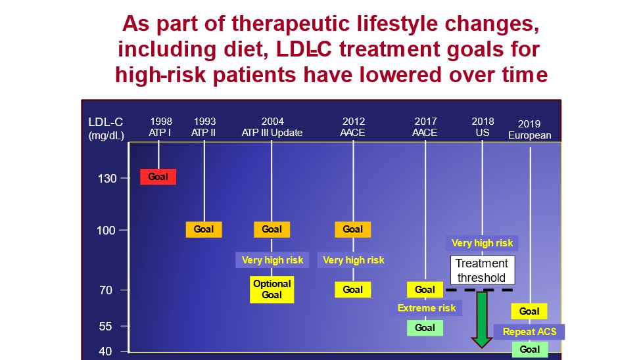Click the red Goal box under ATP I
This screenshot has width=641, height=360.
coord(158,177)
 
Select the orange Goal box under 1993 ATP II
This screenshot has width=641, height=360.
coord(204,229)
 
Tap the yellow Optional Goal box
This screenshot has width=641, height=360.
coord(272,289)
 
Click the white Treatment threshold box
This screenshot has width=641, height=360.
coord(483,270)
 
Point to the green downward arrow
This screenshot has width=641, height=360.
coord(482,319)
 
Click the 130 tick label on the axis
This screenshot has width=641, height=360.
coord(107,179)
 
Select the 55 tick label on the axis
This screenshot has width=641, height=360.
coord(105,326)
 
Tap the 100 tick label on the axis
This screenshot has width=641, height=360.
coord(107,231)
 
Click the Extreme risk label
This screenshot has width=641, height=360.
coord(427,308)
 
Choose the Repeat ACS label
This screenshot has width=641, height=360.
coord(529,332)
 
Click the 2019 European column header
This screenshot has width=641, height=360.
coord(529,129)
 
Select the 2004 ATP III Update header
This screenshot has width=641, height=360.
coord(272,127)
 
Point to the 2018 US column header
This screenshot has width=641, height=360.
coord(483,127)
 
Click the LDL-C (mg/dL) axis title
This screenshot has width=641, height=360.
coord(106,128)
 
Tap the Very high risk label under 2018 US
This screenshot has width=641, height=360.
coord(482,243)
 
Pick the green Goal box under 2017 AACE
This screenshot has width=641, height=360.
coord(425,328)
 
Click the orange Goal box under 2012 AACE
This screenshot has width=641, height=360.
coord(353,229)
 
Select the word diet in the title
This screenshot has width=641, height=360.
coord(244,49)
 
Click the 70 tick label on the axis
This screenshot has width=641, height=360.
coord(106,290)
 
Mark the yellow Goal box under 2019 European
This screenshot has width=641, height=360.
coord(529,311)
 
